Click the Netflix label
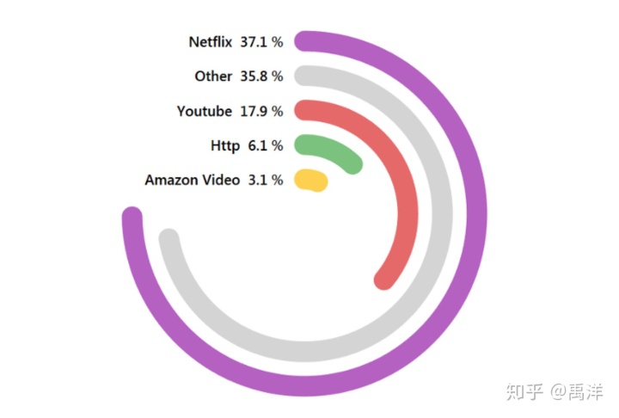pos(211,41)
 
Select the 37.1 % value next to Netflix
pos(261,41)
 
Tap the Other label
pos(213,76)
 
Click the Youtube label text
pos(205,111)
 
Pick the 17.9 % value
pos(261,111)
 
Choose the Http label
pos(225,145)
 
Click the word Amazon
pos(170,180)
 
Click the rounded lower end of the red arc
pos(384,279)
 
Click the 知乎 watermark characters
pos(524,391)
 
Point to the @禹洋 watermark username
pos(578,391)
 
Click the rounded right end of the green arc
pos(353,164)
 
